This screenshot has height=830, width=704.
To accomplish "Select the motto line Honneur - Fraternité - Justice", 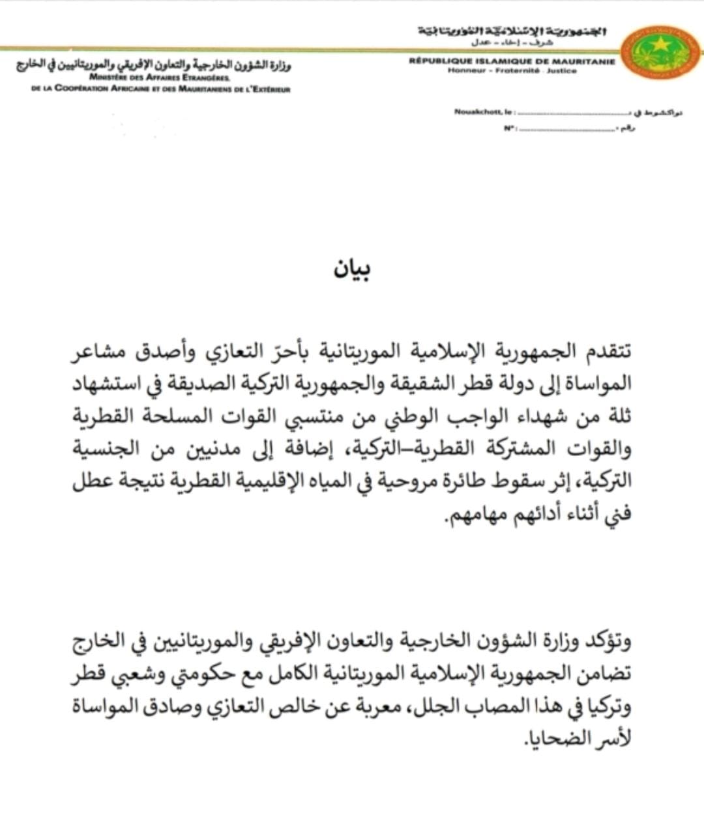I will pos(512,71).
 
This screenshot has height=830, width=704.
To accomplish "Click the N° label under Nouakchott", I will pos(509,128).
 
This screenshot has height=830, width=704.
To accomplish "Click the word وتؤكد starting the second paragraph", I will pos(608,642).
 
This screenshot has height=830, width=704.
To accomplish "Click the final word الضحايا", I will pos(553,739).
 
